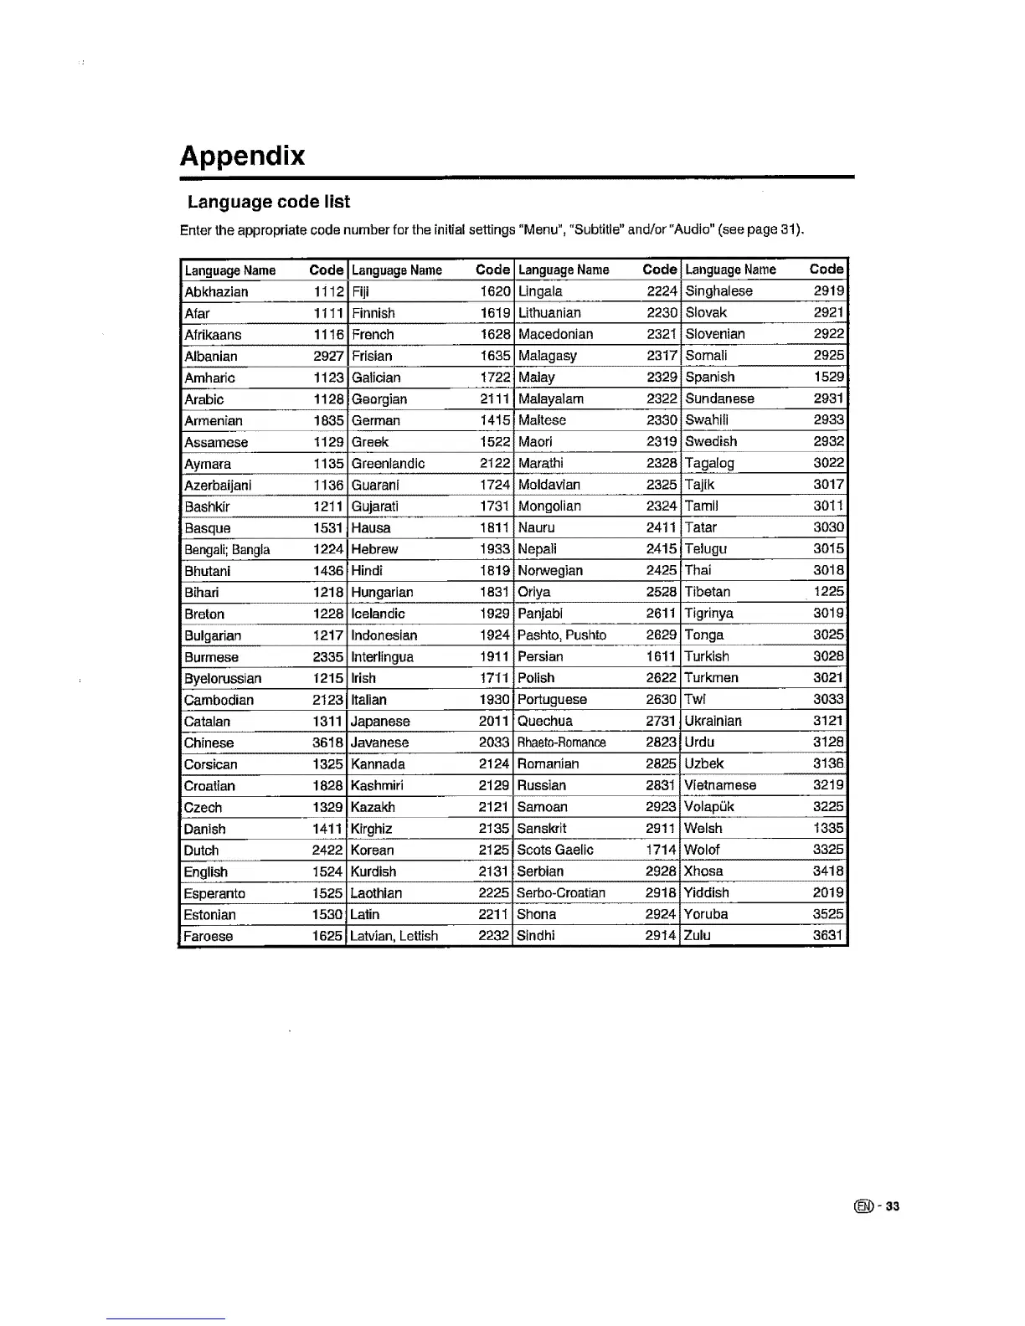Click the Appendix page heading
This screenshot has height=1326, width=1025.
pyautogui.click(x=243, y=157)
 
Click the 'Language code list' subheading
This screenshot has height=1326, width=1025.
pyautogui.click(x=268, y=202)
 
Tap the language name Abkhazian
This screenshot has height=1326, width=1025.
pyautogui.click(x=216, y=292)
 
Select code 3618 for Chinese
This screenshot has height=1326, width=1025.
pyautogui.click(x=328, y=743)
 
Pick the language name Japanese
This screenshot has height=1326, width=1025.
pyautogui.click(x=380, y=722)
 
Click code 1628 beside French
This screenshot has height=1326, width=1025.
pyautogui.click(x=495, y=335)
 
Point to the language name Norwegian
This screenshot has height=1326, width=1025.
pyautogui.click(x=550, y=571)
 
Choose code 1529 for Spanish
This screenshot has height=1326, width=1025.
pyautogui.click(x=828, y=378)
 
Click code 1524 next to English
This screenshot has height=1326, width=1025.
pyautogui.click(x=328, y=872)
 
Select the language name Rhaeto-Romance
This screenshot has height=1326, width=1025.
pyautogui.click(x=561, y=743)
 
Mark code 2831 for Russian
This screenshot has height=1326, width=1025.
pyautogui.click(x=661, y=786)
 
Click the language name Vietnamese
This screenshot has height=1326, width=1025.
pyautogui.click(x=720, y=786)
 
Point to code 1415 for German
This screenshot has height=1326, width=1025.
pyautogui.click(x=495, y=421)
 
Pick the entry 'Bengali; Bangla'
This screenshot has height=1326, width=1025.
pyautogui.click(x=227, y=550)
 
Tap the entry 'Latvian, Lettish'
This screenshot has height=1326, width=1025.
pyautogui.click(x=394, y=936)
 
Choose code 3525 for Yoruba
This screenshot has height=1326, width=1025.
pyautogui.click(x=828, y=915)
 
